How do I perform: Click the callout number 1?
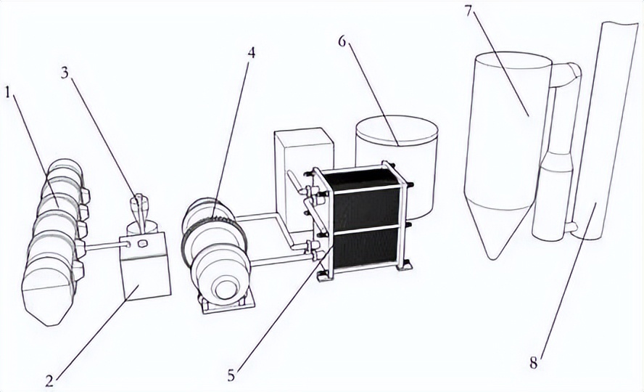8,92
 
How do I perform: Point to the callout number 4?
251,52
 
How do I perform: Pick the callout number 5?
231,375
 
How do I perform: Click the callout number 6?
342,40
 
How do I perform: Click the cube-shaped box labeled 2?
145,269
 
